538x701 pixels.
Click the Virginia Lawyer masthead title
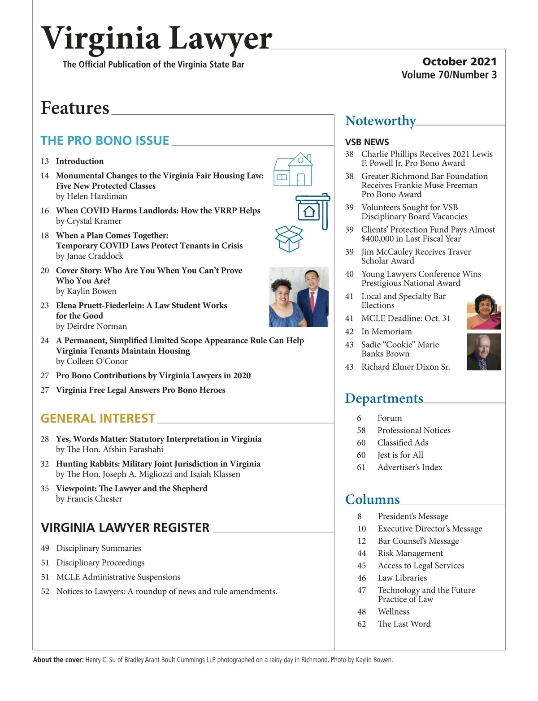coord(156,38)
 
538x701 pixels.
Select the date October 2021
coord(459,61)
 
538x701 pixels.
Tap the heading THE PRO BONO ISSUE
coord(105,141)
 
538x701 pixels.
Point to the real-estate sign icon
coord(313,210)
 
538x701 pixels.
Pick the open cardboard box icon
coord(289,238)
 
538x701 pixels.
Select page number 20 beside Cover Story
coord(45,271)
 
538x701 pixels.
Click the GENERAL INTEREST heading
coord(98,419)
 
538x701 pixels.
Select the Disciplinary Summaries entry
coord(99,548)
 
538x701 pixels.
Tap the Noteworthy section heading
coord(380,121)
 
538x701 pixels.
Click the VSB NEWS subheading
coord(367,142)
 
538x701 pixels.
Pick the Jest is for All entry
coord(400,455)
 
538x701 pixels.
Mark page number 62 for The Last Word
coord(361,624)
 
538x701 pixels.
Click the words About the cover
coord(58,660)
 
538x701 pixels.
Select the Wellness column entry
coord(393,612)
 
